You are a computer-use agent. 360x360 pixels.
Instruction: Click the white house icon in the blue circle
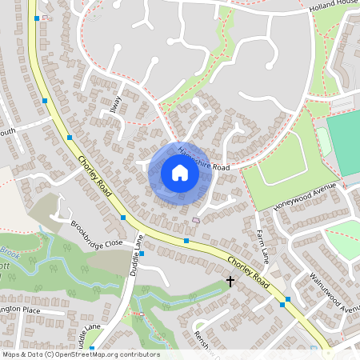[179, 173]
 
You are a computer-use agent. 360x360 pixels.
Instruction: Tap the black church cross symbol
[230, 282]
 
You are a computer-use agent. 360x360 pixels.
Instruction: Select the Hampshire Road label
[205, 158]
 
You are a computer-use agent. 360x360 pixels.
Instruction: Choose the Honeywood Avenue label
[305, 197]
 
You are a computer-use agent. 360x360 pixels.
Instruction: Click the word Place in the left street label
[30, 310]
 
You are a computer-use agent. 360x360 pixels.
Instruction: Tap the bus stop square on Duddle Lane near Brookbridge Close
[142, 253]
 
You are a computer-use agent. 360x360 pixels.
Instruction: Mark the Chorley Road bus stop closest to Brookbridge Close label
[123, 218]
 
